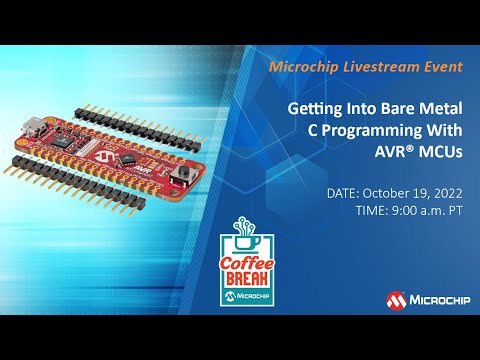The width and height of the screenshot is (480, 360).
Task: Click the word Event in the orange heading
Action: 443,66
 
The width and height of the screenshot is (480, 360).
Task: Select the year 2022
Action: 447,191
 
